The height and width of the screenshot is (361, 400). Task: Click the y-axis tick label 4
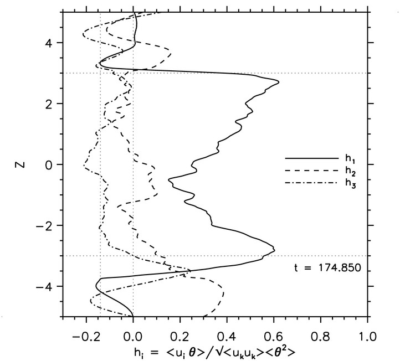coord(49,43)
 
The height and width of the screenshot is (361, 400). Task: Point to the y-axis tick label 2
coord(49,104)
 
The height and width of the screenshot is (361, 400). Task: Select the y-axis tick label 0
coord(49,164)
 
